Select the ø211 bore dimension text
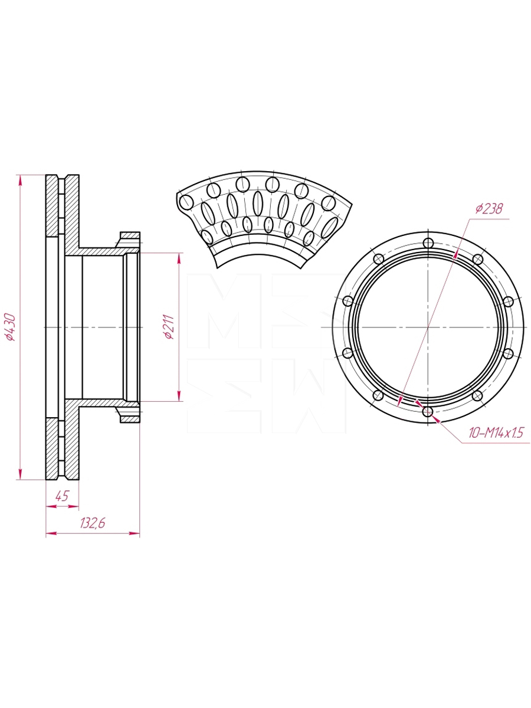coord(169,327)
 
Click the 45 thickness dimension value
coord(61,496)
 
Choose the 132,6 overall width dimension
coord(93,523)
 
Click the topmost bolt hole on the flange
coord(428,242)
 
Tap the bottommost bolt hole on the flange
coord(428,411)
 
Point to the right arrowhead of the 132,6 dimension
coord(135,533)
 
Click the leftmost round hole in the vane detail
coord(186,202)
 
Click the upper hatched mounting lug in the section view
coord(129,240)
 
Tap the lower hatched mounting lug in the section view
coord(129,415)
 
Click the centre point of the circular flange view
coord(428,327)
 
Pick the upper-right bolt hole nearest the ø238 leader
coord(478,258)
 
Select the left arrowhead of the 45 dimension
coord(51,506)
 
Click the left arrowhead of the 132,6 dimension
coord(51,533)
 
